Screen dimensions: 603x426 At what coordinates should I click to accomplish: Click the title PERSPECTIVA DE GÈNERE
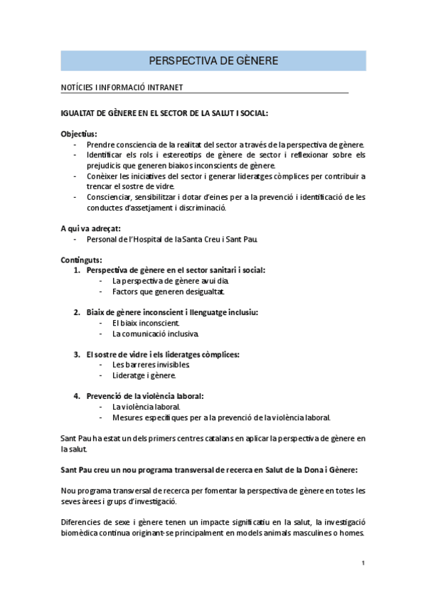(x=213, y=60)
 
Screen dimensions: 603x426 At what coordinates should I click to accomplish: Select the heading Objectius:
(x=79, y=134)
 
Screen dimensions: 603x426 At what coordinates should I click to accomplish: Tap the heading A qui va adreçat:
(x=90, y=228)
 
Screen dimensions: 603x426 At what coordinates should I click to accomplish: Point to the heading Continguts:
(x=81, y=260)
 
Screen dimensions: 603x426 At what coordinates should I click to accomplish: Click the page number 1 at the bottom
(x=363, y=563)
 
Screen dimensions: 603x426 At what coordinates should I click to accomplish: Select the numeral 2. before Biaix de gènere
(x=77, y=312)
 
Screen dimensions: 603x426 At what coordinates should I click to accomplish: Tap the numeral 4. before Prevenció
(x=77, y=395)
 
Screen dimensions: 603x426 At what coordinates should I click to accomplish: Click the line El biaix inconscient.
(x=141, y=323)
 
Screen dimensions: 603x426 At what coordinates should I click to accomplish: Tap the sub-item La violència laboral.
(x=141, y=407)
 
